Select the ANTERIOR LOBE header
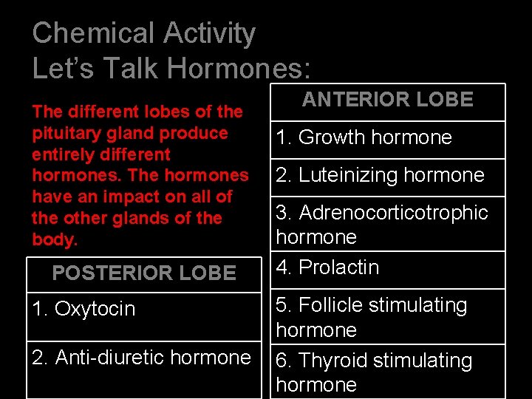click(388, 100)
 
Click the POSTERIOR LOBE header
click(144, 273)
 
